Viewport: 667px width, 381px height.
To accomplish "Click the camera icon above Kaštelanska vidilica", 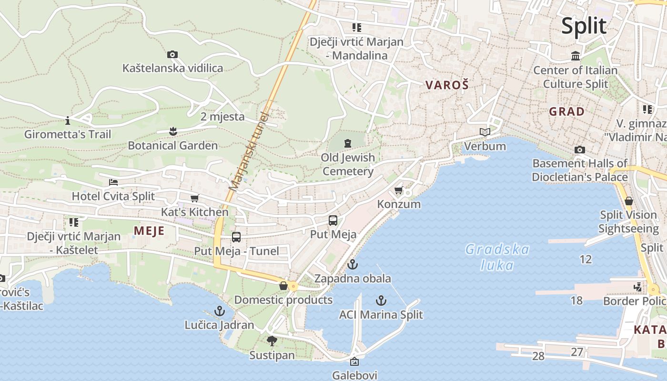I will click(172, 55).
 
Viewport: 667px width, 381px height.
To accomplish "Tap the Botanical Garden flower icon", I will click(172, 130).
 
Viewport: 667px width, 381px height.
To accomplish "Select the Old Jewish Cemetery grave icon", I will click(348, 142).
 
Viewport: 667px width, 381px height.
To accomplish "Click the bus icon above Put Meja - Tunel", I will click(236, 237).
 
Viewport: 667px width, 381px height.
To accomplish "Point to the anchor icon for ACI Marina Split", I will click(381, 300).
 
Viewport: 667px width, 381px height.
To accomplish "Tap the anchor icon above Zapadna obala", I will click(352, 264).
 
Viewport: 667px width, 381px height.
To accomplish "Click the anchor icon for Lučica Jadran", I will click(219, 311).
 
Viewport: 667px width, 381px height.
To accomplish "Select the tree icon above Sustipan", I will click(272, 341).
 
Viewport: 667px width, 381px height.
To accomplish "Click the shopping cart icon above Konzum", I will click(399, 190).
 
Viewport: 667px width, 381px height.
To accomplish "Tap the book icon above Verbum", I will click(485, 132).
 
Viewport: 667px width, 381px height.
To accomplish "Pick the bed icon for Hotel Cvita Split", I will click(113, 182).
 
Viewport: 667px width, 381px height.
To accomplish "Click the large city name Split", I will click(584, 26).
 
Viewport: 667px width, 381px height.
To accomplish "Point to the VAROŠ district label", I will click(447, 85).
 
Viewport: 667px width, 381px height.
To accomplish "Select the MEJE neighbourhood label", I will click(149, 231).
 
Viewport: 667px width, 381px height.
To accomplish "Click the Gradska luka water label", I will click(497, 257).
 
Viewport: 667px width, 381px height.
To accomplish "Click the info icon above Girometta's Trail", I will click(68, 120).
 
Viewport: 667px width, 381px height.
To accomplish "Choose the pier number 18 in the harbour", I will click(576, 301).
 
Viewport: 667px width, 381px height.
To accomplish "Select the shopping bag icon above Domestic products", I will click(283, 286).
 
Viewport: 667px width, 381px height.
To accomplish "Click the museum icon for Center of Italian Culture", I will click(576, 56).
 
